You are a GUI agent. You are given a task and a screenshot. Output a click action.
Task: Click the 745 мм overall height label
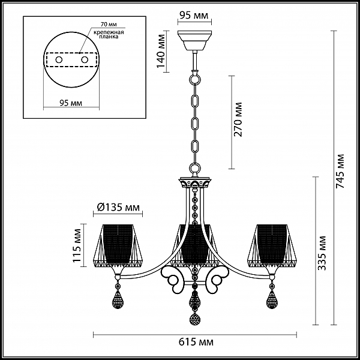point(340,171)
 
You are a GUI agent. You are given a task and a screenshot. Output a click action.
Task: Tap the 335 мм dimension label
point(322,253)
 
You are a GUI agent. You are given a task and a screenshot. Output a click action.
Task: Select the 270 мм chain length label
point(238,119)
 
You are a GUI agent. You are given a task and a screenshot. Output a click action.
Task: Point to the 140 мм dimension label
point(161,51)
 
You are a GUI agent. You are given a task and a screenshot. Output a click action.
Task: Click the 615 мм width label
point(196,342)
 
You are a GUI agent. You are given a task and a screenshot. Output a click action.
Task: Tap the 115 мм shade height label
point(77,245)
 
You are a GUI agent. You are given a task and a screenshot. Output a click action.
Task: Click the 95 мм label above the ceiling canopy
point(194,16)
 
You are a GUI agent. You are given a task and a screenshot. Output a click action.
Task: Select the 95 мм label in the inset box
point(71,103)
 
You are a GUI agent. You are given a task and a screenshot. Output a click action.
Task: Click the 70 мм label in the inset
point(109,25)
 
